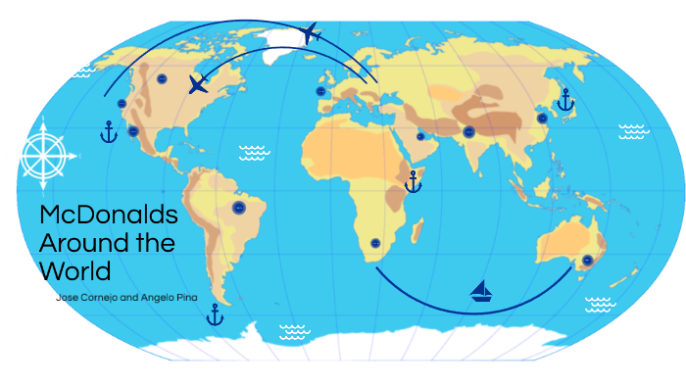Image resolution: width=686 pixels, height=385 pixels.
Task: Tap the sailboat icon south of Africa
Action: click(x=481, y=290)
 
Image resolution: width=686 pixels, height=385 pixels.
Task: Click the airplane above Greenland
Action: click(x=311, y=34)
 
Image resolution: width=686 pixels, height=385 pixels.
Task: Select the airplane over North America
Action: click(x=198, y=84)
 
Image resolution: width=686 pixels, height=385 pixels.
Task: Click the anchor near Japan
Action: click(x=564, y=99)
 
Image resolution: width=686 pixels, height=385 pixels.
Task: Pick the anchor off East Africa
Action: click(x=413, y=181)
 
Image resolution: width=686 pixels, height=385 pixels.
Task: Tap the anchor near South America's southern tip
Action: click(x=215, y=314)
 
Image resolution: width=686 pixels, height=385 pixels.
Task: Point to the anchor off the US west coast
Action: click(x=109, y=131)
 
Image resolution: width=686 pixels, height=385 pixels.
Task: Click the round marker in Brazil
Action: click(x=238, y=208)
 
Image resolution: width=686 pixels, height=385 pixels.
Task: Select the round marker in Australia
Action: click(x=586, y=261)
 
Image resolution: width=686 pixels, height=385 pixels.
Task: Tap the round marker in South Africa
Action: click(x=374, y=243)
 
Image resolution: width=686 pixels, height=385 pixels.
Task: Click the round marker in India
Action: click(x=468, y=130)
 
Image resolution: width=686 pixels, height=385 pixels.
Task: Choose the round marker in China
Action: click(x=541, y=118)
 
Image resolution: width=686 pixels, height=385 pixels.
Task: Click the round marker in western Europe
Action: click(x=320, y=91)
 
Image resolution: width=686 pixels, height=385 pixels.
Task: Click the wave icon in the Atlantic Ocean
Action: click(x=254, y=152)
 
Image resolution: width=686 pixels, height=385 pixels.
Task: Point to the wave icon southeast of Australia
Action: click(x=599, y=304)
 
